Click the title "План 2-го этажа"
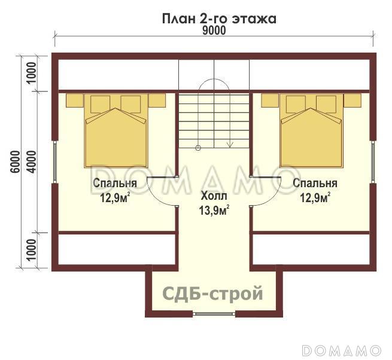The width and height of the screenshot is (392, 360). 218,18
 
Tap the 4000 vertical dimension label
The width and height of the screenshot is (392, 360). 33,161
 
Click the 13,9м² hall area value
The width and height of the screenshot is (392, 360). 214,210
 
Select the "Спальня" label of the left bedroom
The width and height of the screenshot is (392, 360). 115,183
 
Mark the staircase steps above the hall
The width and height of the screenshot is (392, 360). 214,120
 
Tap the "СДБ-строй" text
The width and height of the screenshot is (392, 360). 213,294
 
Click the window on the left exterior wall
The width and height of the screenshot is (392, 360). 54,162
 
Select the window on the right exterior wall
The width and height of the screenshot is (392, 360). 375,162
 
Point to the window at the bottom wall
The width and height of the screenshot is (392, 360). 214,314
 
